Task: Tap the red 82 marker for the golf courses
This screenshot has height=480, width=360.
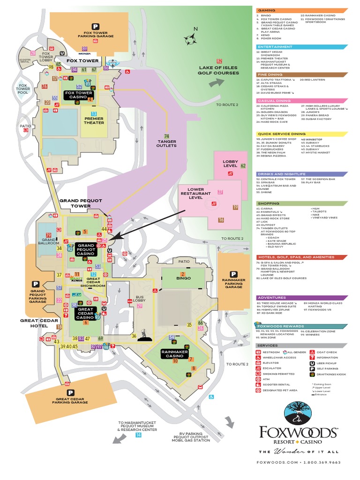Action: tap(219, 61)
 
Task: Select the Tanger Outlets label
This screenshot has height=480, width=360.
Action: tap(166, 143)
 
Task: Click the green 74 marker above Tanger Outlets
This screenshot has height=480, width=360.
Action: tap(166, 136)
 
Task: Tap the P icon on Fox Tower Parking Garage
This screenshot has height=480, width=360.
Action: tap(95, 27)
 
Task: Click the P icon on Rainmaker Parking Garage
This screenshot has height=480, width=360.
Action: tap(233, 274)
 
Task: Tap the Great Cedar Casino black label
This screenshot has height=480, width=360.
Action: tap(85, 312)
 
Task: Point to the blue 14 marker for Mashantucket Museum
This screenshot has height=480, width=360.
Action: tap(138, 435)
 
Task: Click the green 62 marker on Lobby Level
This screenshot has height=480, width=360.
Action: tap(243, 165)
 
